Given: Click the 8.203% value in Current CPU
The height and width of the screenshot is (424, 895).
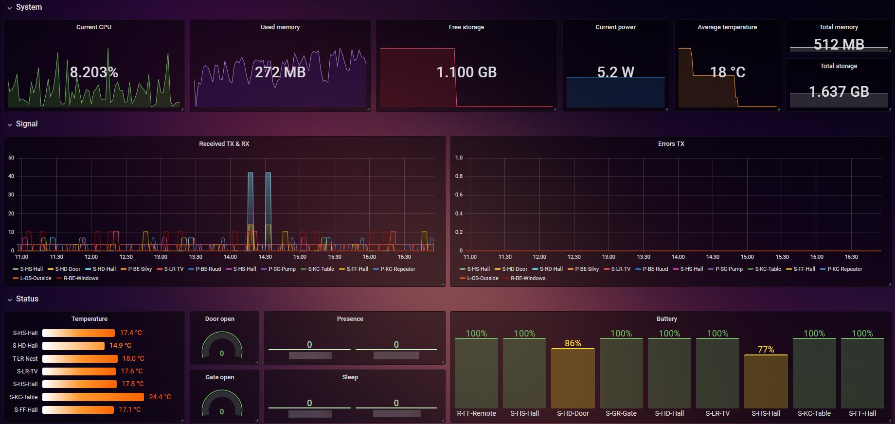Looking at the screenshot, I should [x=94, y=72].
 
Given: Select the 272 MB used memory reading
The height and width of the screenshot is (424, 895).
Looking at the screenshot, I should [x=280, y=72].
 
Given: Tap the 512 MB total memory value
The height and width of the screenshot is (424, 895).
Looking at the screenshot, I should [x=839, y=45].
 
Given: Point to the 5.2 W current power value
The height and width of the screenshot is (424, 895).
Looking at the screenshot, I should [x=615, y=72].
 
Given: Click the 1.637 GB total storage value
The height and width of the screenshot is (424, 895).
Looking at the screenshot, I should [x=839, y=91].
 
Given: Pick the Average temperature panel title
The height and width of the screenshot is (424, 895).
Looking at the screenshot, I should [x=727, y=27].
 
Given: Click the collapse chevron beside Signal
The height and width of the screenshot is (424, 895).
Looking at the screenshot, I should [x=10, y=124].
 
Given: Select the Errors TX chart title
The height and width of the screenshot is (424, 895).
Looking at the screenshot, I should [x=671, y=144].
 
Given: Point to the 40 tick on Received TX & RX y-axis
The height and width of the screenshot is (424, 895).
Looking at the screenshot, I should [x=11, y=177].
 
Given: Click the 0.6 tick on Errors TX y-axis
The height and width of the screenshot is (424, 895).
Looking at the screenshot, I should [x=459, y=195].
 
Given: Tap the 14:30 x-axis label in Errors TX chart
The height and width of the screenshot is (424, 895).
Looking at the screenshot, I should [x=713, y=257].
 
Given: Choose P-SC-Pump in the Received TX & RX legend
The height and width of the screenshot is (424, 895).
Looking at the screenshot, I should [x=282, y=269].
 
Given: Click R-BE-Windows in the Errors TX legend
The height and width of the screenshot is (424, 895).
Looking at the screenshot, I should [x=528, y=279].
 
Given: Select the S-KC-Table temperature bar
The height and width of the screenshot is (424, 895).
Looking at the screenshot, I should [x=93, y=397].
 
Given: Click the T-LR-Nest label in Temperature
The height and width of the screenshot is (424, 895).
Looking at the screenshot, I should [x=25, y=359].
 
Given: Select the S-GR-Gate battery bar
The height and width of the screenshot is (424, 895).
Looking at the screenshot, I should [x=621, y=373].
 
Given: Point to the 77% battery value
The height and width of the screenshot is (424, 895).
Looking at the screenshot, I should [x=766, y=350].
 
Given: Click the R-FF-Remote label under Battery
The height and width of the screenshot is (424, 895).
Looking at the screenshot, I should [x=476, y=414].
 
